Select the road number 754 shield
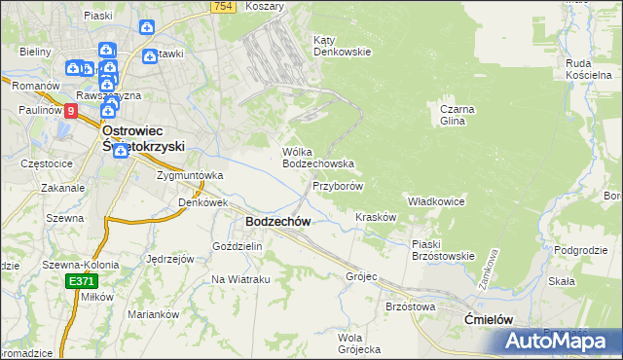pyautogui.click(x=223, y=7)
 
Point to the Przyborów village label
pyautogui.click(x=338, y=186)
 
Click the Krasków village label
pyautogui.click(x=376, y=218)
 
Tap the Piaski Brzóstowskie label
pyautogui.click(x=442, y=250)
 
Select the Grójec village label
pyautogui.click(x=360, y=276)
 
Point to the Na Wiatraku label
pyautogui.click(x=240, y=279)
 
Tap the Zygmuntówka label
pyautogui.click(x=190, y=176)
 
